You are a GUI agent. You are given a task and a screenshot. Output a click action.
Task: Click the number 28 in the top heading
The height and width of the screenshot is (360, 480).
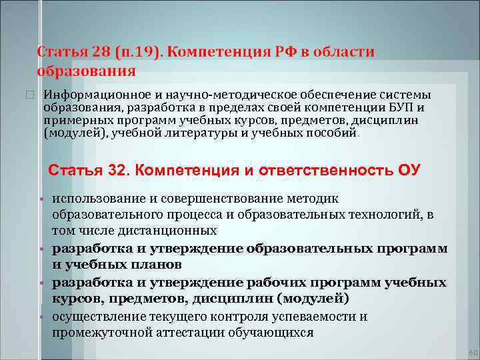click(91, 52)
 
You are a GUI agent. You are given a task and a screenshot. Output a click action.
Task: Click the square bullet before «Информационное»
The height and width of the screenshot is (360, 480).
click(29, 95)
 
